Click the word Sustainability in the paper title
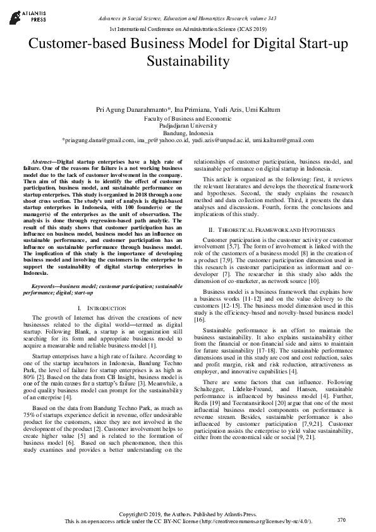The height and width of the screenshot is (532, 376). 188,61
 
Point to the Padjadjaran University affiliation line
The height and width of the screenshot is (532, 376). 188,126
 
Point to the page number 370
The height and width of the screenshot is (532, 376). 342,519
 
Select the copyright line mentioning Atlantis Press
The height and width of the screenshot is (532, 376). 188,514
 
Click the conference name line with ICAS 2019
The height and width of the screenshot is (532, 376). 188,30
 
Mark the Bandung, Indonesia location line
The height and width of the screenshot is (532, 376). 188,133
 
